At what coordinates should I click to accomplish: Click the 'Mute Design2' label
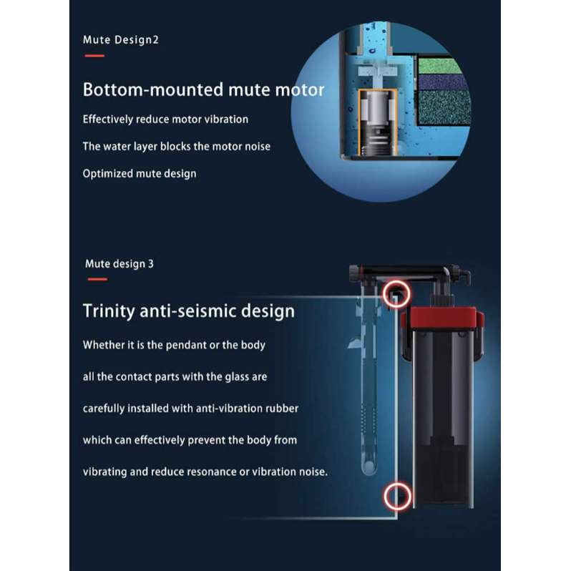120,39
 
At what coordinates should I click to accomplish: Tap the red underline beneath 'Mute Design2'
94,56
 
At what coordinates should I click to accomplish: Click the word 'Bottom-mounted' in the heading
153,89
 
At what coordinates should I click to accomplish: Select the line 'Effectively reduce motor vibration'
165,119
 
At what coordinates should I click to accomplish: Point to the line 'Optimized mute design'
140,174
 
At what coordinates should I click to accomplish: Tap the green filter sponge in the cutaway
439,66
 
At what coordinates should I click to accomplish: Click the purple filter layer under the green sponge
443,82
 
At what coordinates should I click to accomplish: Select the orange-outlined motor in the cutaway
378,122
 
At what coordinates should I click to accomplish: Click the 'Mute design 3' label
119,263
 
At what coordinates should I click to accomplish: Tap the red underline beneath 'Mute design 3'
97,279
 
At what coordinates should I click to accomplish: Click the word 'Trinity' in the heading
109,311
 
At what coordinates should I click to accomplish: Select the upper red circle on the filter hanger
396,294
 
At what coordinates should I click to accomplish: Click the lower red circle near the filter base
397,497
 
